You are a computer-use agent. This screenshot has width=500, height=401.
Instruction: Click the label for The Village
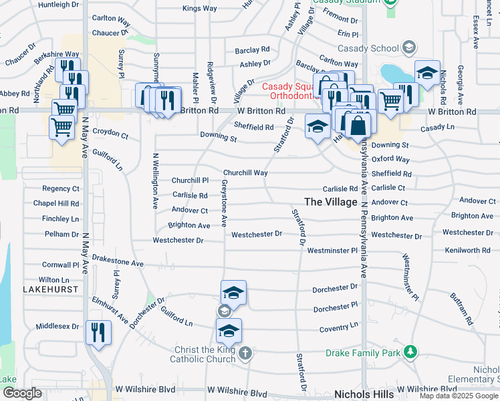click(x=330, y=202)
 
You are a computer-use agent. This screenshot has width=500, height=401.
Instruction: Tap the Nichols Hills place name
click(x=362, y=394)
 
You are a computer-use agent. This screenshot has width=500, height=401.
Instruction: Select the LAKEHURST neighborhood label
click(x=51, y=289)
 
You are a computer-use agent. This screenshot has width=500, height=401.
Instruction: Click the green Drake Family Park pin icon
click(x=410, y=352)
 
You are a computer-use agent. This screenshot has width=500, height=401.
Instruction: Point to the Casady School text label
click(x=367, y=48)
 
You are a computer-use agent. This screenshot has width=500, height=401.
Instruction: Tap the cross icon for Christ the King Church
click(x=245, y=352)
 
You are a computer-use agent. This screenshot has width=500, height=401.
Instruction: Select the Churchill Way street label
click(x=245, y=172)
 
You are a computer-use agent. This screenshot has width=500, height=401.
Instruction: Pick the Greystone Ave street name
click(x=225, y=201)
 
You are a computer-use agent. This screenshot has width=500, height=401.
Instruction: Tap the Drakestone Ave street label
click(x=118, y=263)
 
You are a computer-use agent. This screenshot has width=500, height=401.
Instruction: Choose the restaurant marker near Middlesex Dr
click(x=98, y=331)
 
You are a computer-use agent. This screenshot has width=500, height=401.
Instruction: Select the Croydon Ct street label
click(x=110, y=134)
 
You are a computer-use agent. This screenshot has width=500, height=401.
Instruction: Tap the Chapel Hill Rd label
click(x=56, y=203)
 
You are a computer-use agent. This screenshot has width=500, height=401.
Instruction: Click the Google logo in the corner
click(x=22, y=393)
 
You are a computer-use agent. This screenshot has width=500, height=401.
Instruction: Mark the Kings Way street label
click(x=199, y=9)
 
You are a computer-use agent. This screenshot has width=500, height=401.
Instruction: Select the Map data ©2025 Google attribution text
click(x=459, y=396)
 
